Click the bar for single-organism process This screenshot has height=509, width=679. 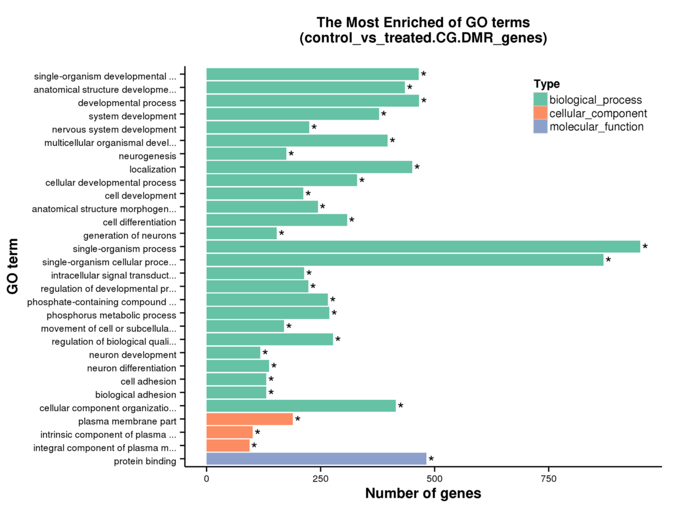[x=423, y=247]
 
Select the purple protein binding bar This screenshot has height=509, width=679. [x=316, y=459]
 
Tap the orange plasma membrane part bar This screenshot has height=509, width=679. [x=250, y=419]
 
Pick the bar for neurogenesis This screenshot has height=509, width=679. [x=246, y=153]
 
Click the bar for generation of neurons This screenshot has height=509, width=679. [x=242, y=233]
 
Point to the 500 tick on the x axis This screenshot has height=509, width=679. [x=435, y=468]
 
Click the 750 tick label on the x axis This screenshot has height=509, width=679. [x=548, y=478]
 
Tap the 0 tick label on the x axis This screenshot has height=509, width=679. [x=207, y=478]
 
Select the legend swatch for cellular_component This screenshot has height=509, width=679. [x=540, y=113]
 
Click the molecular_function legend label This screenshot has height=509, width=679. [x=597, y=127]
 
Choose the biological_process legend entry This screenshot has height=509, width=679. [x=596, y=100]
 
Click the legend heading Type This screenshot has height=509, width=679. [x=547, y=84]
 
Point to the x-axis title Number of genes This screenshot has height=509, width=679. [x=423, y=494]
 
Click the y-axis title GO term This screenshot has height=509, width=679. [x=14, y=266]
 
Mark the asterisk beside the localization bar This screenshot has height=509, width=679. [x=417, y=168]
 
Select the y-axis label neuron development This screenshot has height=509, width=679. [x=132, y=355]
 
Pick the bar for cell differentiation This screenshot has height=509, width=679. [x=277, y=220]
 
